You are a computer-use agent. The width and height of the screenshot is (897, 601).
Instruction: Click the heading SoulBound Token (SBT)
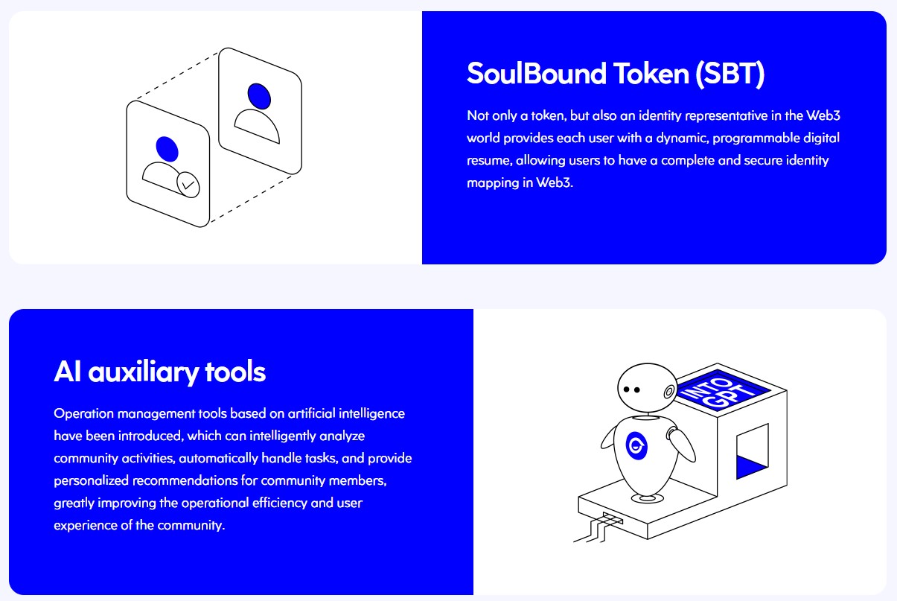(x=616, y=74)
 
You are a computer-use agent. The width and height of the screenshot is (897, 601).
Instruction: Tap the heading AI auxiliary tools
(x=160, y=372)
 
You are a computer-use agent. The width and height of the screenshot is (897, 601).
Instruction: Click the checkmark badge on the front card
(x=188, y=185)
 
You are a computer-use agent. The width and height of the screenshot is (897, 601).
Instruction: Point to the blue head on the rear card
(x=259, y=96)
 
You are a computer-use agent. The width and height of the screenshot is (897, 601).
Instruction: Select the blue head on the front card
(x=167, y=149)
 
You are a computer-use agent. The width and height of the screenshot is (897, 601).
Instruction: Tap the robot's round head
(x=648, y=387)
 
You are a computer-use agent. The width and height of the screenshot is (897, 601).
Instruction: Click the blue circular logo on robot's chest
(x=636, y=445)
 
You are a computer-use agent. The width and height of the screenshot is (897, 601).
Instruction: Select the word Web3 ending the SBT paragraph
(x=555, y=182)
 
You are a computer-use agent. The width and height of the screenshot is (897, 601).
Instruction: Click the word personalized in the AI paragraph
(x=92, y=481)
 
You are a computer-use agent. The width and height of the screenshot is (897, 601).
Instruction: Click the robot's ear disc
(x=668, y=392)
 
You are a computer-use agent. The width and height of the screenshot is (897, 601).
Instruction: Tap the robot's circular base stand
(x=648, y=498)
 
